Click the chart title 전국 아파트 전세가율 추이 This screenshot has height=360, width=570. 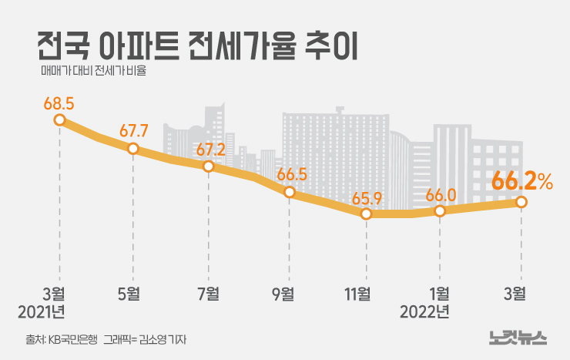[196, 47]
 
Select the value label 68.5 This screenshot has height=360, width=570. [59, 103]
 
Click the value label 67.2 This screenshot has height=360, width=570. [210, 149]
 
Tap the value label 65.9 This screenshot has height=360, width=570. [367, 198]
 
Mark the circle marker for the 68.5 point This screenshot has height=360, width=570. [59, 119]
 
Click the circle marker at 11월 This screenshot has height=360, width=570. [367, 214]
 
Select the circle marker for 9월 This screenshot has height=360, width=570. [290, 192]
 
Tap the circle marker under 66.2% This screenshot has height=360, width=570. [521, 202]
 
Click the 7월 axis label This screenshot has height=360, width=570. [206, 293]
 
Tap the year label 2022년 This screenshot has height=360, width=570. [424, 311]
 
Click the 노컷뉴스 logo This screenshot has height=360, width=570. [517, 337]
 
